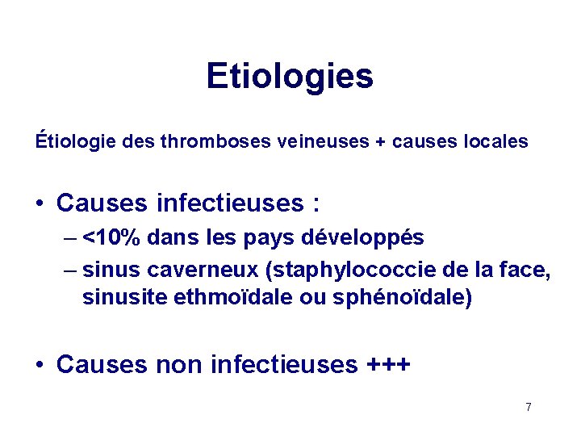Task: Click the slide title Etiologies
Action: [x=290, y=77]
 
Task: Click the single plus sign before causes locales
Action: [x=379, y=143]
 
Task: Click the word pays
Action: [x=270, y=239]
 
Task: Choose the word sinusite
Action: [x=125, y=297]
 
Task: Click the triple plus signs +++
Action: [x=388, y=365]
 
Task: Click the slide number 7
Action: [x=529, y=407]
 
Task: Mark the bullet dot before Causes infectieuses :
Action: [x=40, y=203]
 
